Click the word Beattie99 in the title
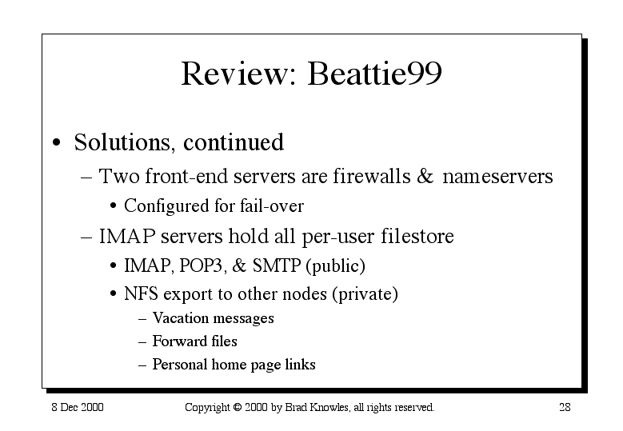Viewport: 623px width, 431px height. click(374, 74)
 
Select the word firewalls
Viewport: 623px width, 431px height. click(372, 176)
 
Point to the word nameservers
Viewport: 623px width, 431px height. click(497, 177)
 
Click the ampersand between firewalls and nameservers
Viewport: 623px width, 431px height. click(425, 176)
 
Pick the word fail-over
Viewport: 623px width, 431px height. click(272, 206)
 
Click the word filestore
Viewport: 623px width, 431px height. click(417, 236)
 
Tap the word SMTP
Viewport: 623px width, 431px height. click(277, 265)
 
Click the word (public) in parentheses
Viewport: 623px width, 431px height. click(335, 266)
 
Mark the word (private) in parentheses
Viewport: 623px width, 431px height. click(365, 294)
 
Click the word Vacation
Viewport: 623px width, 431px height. click(181, 318)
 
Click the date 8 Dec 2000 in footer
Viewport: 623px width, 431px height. click(78, 407)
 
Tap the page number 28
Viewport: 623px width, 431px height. click(565, 407)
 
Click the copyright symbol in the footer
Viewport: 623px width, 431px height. click(238, 407)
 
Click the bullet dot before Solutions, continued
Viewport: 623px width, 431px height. click(57, 142)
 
